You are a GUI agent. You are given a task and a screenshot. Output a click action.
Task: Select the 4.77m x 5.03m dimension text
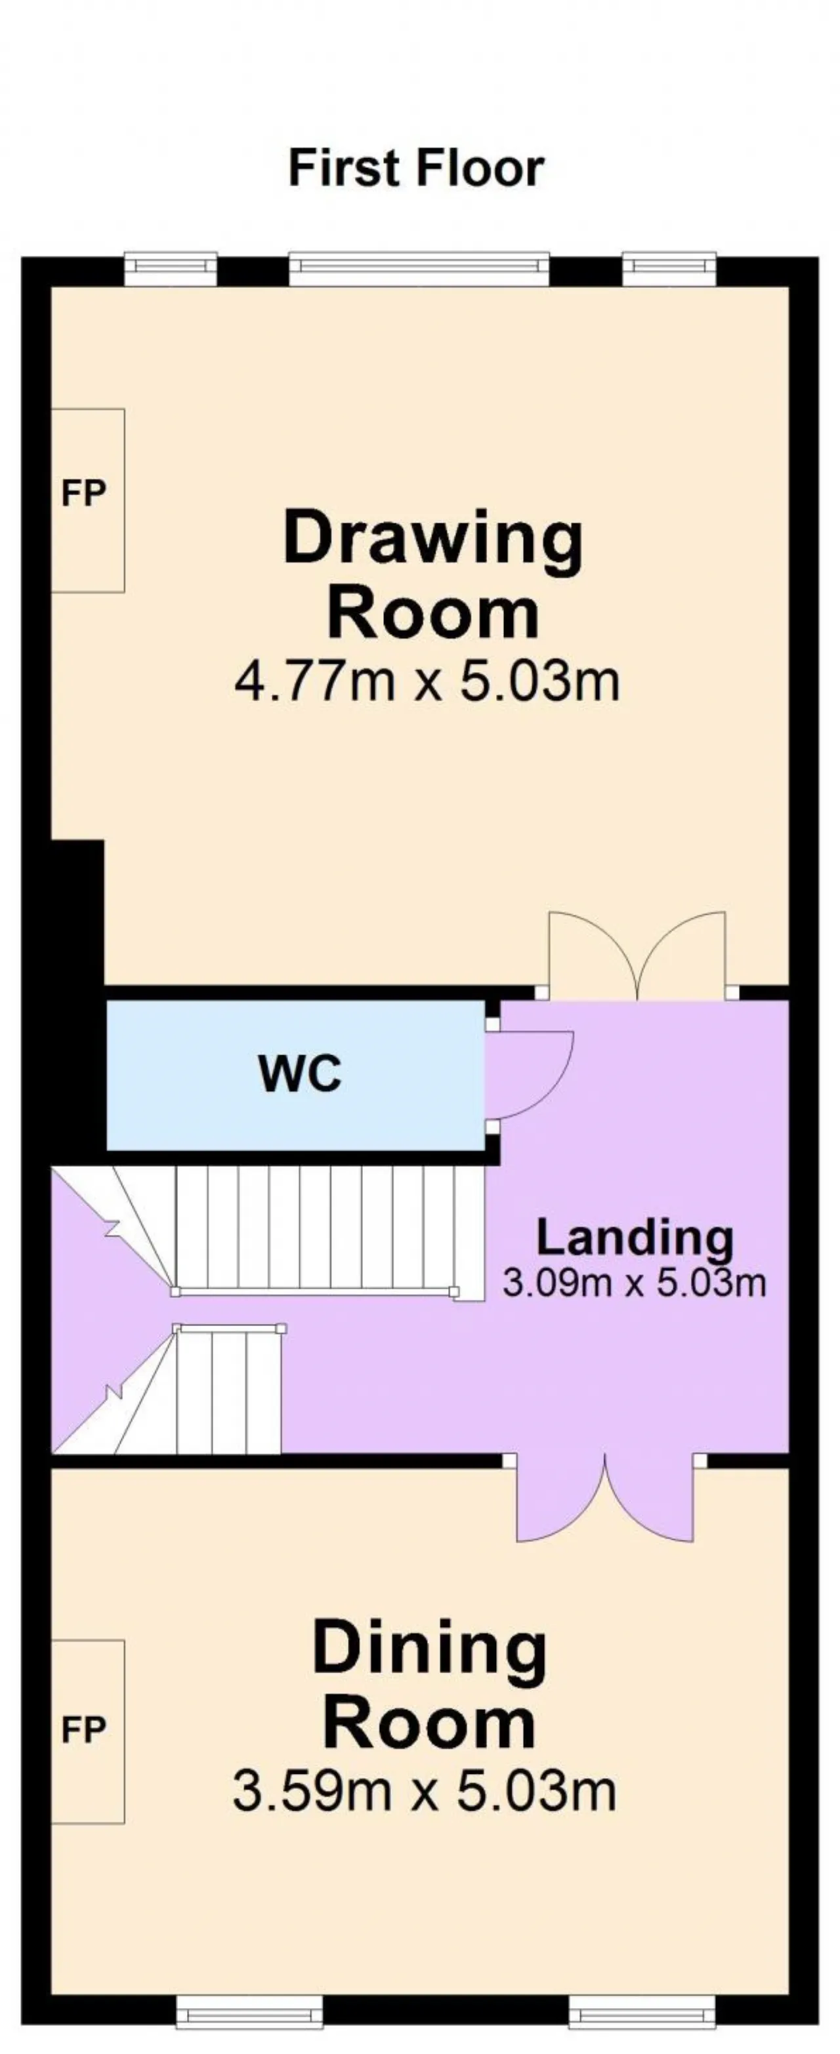point(427,682)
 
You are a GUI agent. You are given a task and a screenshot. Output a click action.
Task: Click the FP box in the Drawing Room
point(88,501)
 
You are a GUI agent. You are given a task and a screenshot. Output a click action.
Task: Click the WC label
point(301,1074)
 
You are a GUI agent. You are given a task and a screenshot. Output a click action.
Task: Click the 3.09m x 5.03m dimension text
point(634,1283)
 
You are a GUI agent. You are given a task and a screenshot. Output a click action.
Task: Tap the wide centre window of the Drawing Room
point(419,269)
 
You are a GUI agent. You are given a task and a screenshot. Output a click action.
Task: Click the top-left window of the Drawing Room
point(171,269)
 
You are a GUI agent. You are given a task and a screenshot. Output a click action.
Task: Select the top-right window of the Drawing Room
point(669,269)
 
